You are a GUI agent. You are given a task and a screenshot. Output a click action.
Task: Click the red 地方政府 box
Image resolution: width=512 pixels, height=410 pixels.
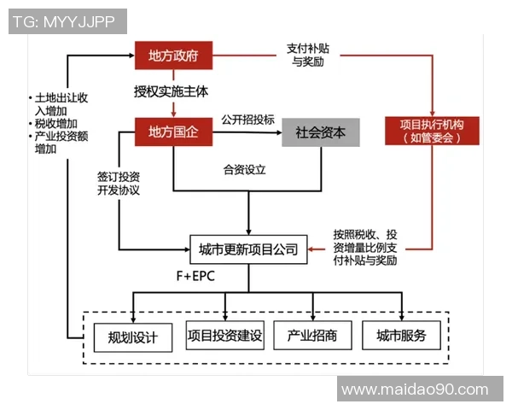[x=173, y=56]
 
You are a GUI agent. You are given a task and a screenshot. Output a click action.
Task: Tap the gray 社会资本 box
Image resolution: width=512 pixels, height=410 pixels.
[x=321, y=132]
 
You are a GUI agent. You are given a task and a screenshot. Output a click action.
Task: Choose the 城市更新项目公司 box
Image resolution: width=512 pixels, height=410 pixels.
[x=248, y=250]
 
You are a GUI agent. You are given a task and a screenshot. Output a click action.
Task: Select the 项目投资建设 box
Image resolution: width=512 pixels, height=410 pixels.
[x=224, y=336]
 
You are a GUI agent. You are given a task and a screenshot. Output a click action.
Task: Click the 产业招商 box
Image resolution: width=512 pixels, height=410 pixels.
[x=312, y=336]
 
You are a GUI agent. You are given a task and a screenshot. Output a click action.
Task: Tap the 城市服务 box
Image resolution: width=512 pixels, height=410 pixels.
[x=401, y=336]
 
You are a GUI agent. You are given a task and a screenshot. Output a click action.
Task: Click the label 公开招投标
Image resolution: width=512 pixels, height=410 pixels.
[x=247, y=119]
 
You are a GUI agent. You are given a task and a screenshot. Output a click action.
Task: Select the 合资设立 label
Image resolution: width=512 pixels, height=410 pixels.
[x=245, y=169]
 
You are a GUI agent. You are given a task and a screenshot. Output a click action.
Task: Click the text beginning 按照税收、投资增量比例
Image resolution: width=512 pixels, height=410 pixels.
[x=365, y=247]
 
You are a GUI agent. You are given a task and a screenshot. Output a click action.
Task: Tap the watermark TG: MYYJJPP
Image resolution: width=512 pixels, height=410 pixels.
[x=67, y=21]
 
